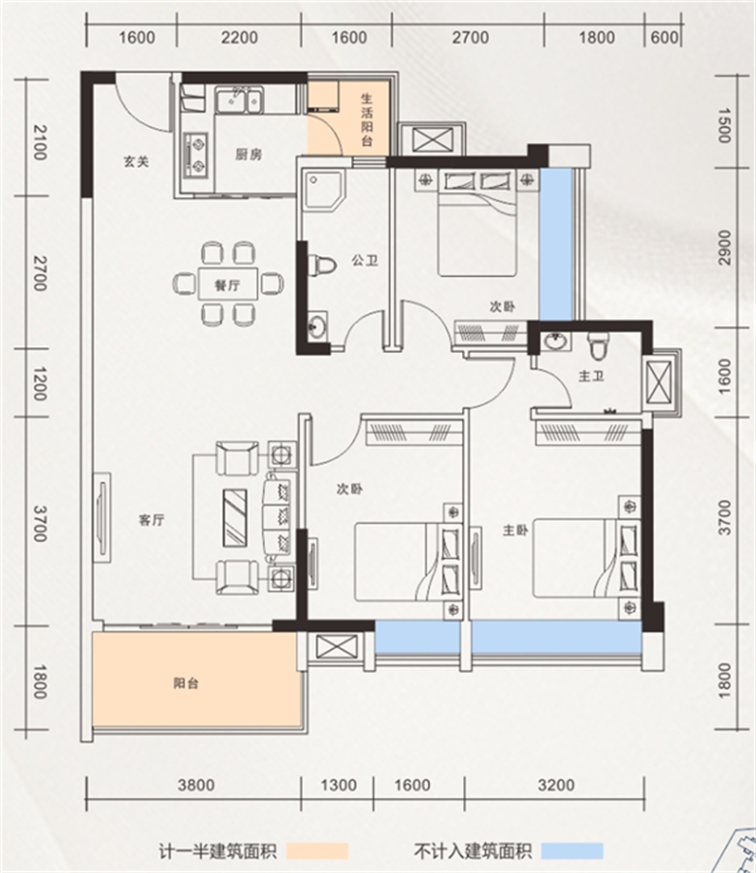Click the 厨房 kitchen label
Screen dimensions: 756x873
[247, 153]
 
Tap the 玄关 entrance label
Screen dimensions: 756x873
[137, 161]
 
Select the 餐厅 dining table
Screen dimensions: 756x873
[228, 285]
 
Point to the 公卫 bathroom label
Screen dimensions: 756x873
[365, 260]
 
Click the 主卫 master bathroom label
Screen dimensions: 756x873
[591, 376]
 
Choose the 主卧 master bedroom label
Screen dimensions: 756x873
[515, 530]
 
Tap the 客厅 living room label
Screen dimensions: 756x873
[151, 520]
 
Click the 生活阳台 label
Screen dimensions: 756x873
[367, 120]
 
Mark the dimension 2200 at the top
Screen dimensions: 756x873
[239, 38]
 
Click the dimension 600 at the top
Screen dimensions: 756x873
[664, 37]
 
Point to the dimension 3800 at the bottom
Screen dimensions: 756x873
[196, 785]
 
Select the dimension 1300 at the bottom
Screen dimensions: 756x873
[338, 785]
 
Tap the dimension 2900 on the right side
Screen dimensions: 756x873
[724, 247]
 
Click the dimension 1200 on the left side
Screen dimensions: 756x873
[39, 383]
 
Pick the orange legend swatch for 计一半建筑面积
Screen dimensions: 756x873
[318, 851]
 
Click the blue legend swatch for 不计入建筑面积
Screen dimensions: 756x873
[573, 851]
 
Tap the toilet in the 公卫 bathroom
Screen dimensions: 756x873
[321, 266]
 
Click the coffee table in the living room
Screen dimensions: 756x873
[235, 516]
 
